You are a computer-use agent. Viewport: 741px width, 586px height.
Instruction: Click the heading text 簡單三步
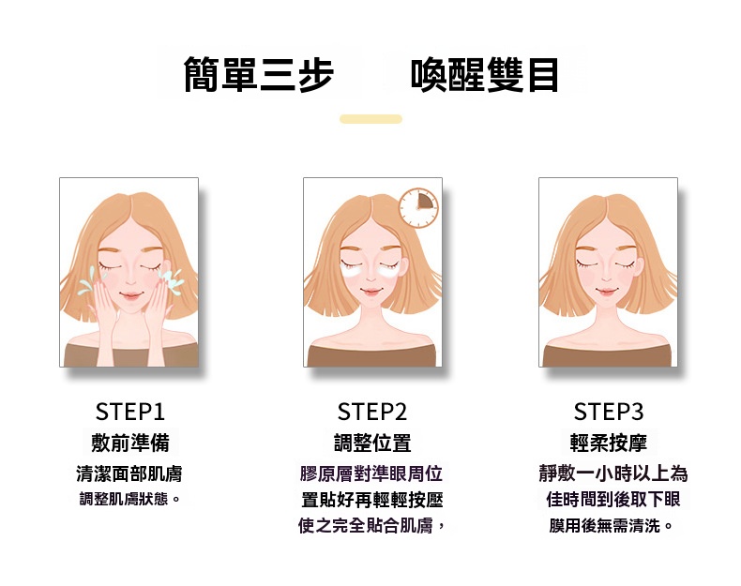click(x=259, y=76)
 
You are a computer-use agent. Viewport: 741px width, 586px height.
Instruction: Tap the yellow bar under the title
click(x=370, y=119)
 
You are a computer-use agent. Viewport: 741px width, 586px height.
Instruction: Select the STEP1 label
click(x=130, y=412)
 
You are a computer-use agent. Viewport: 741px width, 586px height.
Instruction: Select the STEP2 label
click(x=372, y=412)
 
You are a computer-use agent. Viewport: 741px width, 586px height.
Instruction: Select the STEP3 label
click(x=609, y=412)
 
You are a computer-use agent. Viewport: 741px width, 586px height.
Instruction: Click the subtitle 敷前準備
click(x=130, y=443)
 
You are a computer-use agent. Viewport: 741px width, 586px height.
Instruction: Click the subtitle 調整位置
click(x=372, y=443)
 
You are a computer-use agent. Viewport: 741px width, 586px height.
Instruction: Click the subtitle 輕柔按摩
click(x=609, y=443)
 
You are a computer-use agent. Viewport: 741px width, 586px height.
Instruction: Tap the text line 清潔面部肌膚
click(x=129, y=473)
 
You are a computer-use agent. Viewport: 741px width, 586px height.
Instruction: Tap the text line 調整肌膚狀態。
click(x=129, y=499)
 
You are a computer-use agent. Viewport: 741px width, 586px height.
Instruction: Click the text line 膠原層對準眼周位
click(x=371, y=473)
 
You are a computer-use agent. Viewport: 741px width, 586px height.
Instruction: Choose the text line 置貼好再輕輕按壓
click(x=371, y=500)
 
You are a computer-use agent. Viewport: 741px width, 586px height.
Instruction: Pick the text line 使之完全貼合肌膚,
click(x=371, y=526)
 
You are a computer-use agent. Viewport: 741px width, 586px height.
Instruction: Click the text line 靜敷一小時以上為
click(x=612, y=473)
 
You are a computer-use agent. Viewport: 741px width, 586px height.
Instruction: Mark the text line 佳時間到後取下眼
click(x=612, y=500)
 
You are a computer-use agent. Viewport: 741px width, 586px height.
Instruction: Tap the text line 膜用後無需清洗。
click(x=612, y=526)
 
